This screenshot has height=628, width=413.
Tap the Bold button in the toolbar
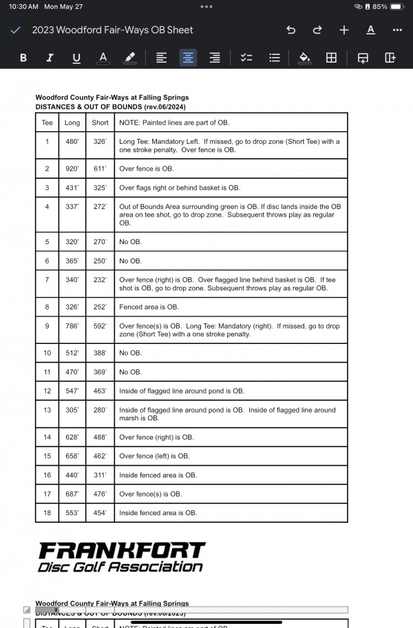click(x=23, y=58)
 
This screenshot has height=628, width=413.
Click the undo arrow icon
click(x=290, y=30)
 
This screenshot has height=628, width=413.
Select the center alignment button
click(x=188, y=58)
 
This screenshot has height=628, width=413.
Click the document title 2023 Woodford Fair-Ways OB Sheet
click(x=112, y=30)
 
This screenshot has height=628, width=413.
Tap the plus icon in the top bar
click(x=344, y=30)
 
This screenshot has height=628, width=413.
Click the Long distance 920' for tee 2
click(x=72, y=169)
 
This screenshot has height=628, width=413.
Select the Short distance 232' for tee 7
click(x=100, y=280)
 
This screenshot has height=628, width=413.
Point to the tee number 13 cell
click(x=47, y=410)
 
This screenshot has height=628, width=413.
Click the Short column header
click(x=100, y=122)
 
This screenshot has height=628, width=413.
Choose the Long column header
click(x=72, y=122)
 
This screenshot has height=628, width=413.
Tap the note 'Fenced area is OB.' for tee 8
click(x=149, y=307)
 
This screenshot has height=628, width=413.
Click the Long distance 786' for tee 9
click(x=72, y=326)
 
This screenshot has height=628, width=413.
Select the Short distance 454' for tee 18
click(x=100, y=512)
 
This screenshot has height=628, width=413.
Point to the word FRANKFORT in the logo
click(x=121, y=550)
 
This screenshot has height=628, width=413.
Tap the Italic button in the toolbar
click(x=50, y=58)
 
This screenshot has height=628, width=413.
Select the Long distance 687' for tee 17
click(x=72, y=494)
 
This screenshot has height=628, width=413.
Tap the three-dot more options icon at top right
click(x=396, y=30)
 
